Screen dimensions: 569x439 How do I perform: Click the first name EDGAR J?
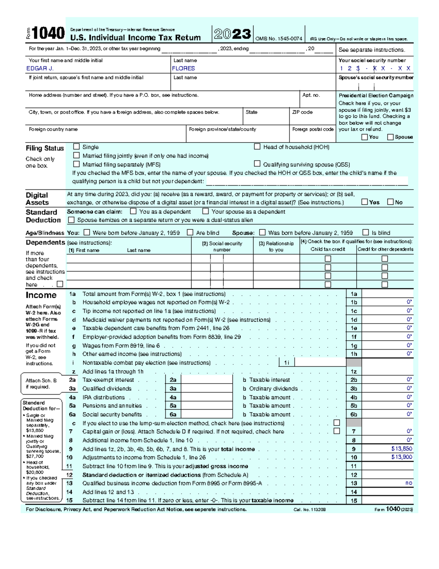(x=40, y=69)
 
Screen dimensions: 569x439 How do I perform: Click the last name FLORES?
(x=183, y=69)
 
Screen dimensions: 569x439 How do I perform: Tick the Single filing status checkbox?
(x=76, y=147)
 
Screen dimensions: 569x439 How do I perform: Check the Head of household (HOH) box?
(x=257, y=147)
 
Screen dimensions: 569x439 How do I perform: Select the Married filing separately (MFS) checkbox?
(x=76, y=164)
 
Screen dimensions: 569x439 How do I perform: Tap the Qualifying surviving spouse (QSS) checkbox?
(x=257, y=164)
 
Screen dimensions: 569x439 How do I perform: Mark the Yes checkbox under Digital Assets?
(x=364, y=202)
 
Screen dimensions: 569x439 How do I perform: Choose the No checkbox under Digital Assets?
(x=390, y=202)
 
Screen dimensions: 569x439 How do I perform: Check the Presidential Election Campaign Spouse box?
(x=390, y=137)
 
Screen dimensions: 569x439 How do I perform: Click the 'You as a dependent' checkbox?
(x=134, y=211)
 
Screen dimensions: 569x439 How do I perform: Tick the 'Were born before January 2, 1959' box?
(x=87, y=232)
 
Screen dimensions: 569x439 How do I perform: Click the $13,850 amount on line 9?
(x=401, y=449)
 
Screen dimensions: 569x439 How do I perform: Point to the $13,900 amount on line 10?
(x=401, y=457)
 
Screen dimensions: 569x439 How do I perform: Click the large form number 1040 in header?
(x=48, y=34)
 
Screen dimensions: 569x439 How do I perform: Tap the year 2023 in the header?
(x=232, y=34)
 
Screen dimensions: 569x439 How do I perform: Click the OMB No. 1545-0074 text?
(x=278, y=39)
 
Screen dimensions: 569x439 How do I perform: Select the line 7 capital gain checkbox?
(x=337, y=431)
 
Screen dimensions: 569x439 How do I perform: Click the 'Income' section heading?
(x=41, y=295)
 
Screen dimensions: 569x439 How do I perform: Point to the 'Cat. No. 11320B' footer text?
(x=309, y=510)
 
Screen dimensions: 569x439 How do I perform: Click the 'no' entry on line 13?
(x=409, y=483)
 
